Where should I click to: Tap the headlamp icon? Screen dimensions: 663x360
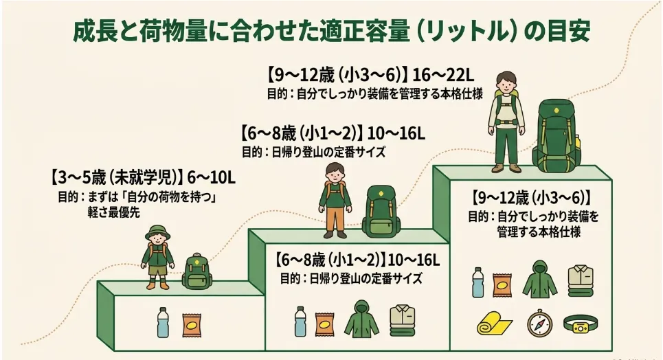(x=581, y=324)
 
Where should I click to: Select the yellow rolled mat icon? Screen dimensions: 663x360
(x=494, y=324)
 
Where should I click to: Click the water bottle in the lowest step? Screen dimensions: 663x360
(x=163, y=322)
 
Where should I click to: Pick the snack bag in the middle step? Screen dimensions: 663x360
(x=325, y=324)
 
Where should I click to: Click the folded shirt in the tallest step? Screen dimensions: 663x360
(x=581, y=281)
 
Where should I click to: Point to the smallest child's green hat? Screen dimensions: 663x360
(x=157, y=233)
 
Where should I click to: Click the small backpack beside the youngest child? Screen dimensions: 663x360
(x=196, y=271)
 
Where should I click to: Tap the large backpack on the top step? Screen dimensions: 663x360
(x=557, y=135)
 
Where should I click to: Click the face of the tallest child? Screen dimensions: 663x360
(x=506, y=82)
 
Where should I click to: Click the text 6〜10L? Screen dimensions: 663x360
(x=211, y=178)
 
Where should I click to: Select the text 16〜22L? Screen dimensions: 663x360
(x=443, y=75)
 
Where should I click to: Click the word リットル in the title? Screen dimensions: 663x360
(x=467, y=31)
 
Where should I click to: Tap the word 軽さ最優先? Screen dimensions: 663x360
(x=113, y=212)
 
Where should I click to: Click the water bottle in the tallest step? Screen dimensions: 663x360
(x=477, y=282)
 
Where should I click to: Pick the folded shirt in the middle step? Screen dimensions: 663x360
(x=402, y=321)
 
